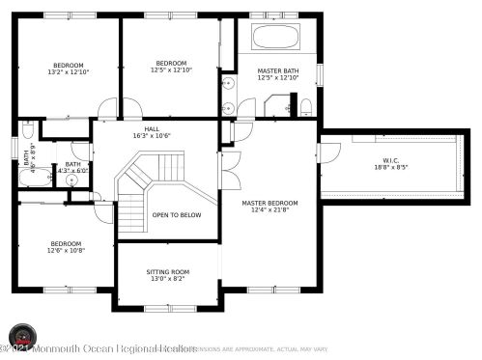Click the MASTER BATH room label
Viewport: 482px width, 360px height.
[276, 71]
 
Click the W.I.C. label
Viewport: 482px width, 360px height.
[390, 159]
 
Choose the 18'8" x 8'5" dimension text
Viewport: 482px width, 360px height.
[390, 167]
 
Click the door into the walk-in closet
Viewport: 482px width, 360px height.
[329, 152]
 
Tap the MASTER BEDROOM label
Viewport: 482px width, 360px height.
[269, 203]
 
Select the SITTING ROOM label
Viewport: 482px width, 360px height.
[168, 271]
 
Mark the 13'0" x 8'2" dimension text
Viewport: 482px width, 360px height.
[168, 279]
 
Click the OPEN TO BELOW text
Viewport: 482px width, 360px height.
[177, 214]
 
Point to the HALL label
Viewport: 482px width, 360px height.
[152, 128]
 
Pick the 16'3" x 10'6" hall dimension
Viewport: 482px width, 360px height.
[152, 136]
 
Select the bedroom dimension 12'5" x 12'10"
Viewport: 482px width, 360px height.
[171, 69]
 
